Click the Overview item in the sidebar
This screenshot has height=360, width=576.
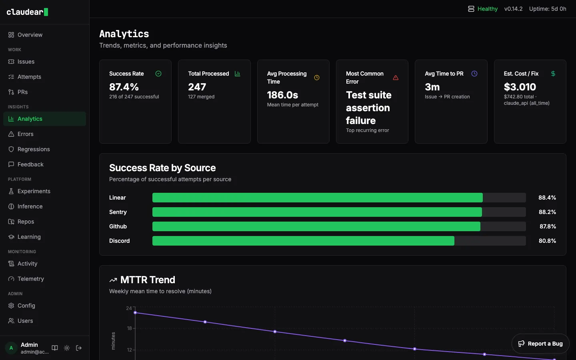click(30, 35)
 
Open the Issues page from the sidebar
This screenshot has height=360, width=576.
click(26, 62)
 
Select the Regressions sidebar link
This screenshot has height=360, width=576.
click(34, 149)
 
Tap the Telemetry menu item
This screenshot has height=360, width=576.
click(30, 279)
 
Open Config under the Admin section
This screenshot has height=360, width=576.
click(26, 306)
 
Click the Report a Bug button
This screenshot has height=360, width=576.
click(540, 344)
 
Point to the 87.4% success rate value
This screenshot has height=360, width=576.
click(124, 87)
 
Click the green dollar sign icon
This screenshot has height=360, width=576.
click(553, 74)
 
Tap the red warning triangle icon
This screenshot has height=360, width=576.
click(396, 78)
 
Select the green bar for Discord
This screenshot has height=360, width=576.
click(303, 241)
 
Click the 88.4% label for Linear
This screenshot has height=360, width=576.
click(547, 198)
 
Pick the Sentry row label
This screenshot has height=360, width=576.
click(118, 212)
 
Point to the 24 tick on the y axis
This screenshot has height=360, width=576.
click(129, 308)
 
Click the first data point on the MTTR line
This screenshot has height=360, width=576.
click(135, 313)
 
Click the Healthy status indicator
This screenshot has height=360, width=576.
click(483, 9)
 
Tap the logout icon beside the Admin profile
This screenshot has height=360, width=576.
click(79, 348)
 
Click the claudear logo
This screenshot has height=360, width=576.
click(27, 12)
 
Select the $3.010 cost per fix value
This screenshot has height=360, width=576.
click(520, 87)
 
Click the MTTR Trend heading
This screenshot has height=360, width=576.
click(148, 280)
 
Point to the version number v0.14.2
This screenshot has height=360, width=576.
click(513, 9)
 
